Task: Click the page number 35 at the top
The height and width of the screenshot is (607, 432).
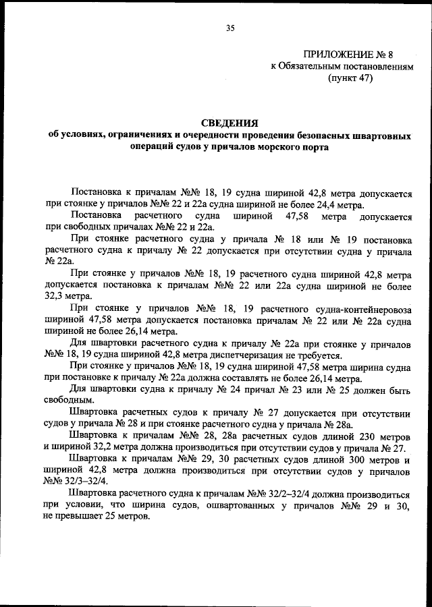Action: pyautogui.click(x=230, y=28)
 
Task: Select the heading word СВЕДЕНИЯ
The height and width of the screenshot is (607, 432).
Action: pyautogui.click(x=230, y=122)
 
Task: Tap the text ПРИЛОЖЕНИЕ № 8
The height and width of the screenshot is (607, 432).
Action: pyautogui.click(x=343, y=54)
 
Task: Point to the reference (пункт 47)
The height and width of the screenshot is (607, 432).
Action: pyautogui.click(x=350, y=78)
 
